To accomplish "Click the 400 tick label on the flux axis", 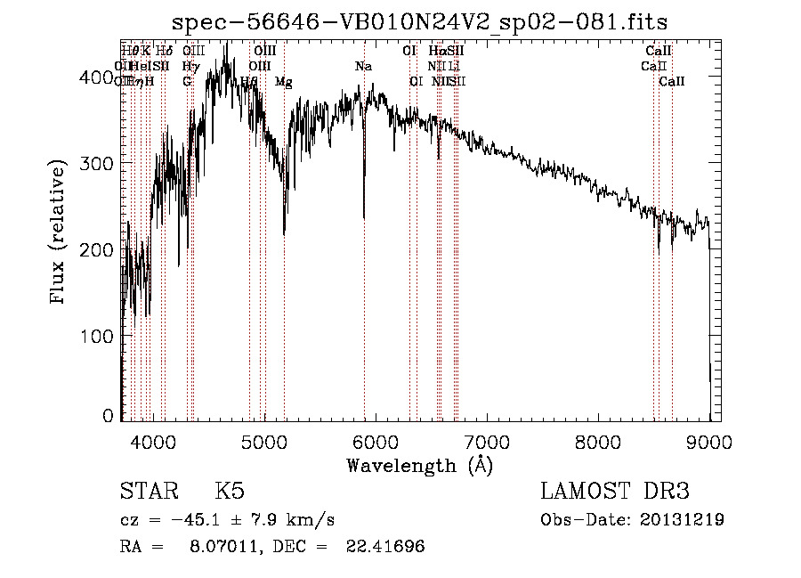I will [x=101, y=77].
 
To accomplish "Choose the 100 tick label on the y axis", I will [x=101, y=337].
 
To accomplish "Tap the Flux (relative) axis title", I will [x=60, y=233].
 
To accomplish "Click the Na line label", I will [x=363, y=66].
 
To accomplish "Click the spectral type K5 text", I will [x=229, y=492].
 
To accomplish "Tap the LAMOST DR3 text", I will [x=615, y=492].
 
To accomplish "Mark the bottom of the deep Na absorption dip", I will [x=363, y=216].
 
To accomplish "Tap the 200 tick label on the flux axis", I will [x=101, y=250].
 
